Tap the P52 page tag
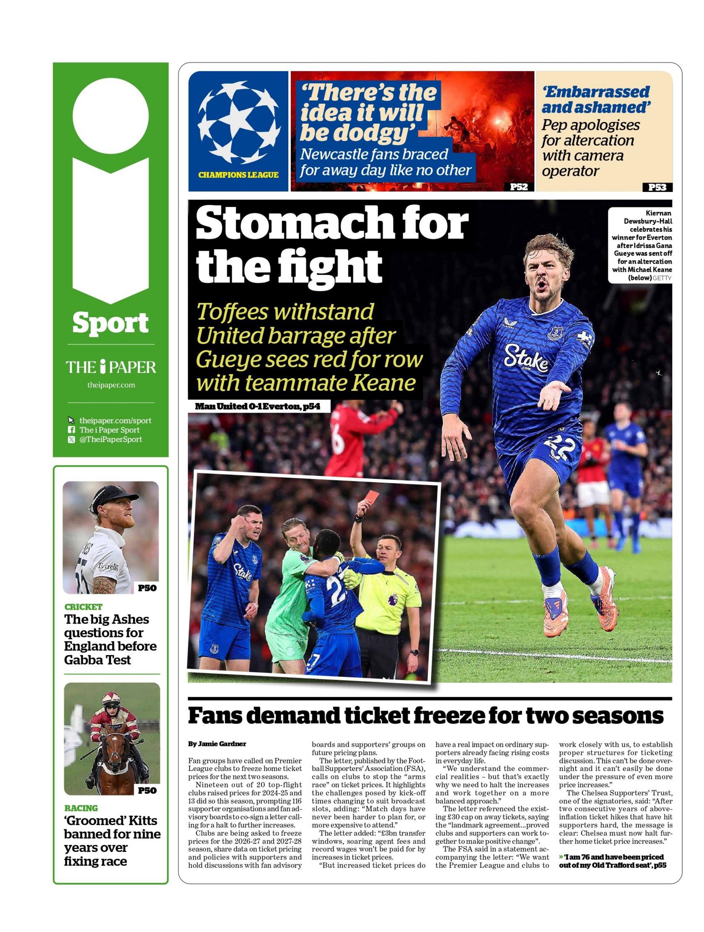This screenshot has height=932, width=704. [518, 186]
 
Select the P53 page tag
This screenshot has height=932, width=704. [656, 186]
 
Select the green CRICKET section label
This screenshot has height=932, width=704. [83, 607]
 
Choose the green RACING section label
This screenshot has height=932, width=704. [81, 808]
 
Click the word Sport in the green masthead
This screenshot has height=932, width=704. [110, 323]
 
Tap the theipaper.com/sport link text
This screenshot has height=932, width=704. [115, 420]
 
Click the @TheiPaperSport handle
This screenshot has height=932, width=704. [110, 439]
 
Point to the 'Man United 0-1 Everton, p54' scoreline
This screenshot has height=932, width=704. [257, 406]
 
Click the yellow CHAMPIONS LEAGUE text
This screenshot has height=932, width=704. [238, 175]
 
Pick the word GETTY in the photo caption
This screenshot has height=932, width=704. [661, 278]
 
